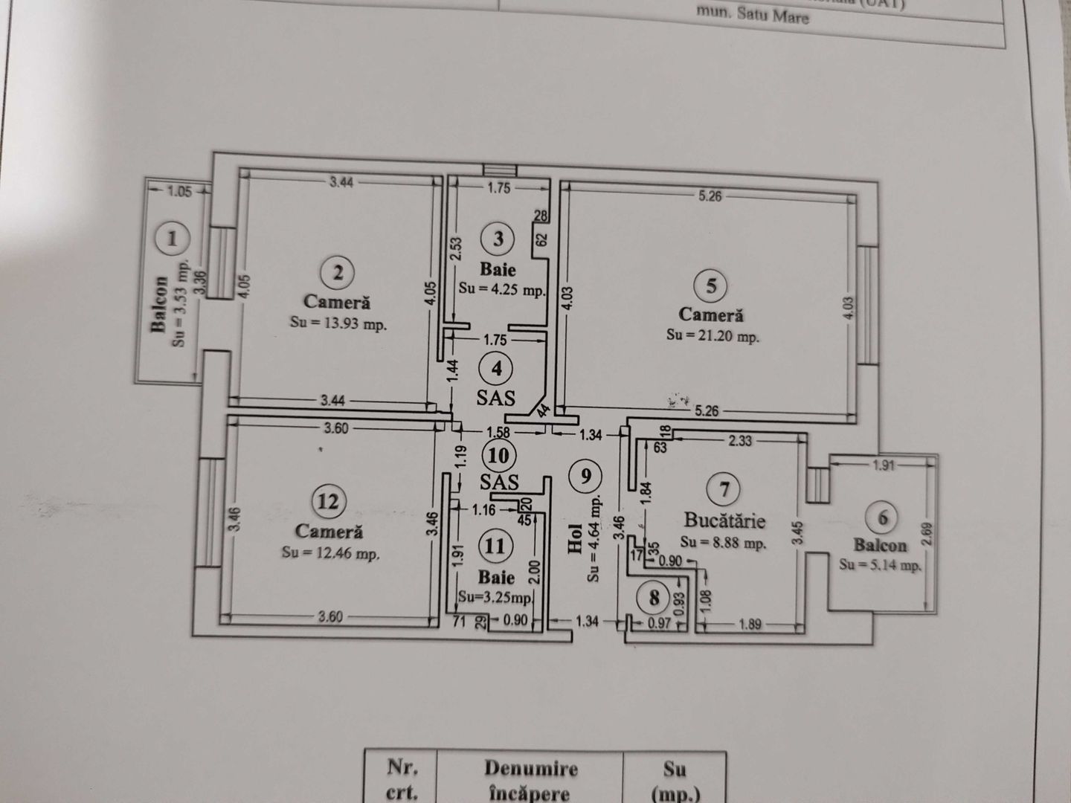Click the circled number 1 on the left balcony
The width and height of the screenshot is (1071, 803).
point(173,239)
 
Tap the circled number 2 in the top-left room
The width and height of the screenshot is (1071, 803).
point(338,273)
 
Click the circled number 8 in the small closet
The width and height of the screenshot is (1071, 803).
point(654,597)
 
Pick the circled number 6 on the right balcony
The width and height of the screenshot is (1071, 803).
point(883,517)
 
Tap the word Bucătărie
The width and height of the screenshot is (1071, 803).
point(724,520)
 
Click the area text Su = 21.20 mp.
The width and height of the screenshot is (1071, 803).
point(713,336)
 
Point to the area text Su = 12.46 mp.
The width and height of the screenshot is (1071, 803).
point(330,553)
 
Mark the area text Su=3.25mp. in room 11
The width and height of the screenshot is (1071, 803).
point(495,597)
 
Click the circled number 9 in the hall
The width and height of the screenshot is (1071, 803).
point(587,475)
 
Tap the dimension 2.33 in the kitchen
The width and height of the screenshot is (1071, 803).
point(739,441)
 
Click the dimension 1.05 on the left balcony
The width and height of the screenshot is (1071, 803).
point(178,191)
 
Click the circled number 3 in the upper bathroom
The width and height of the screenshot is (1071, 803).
point(498,239)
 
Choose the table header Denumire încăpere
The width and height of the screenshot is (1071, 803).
point(530,781)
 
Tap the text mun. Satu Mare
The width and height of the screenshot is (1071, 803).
point(751,13)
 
